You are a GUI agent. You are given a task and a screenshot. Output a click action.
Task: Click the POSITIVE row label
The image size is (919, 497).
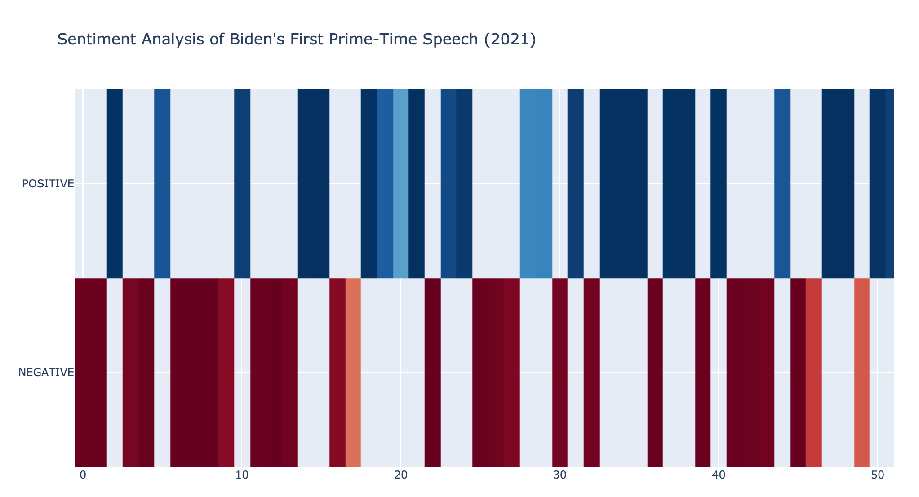point(48,184)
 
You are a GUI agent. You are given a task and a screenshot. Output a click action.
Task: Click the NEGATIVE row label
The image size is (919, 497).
point(46,373)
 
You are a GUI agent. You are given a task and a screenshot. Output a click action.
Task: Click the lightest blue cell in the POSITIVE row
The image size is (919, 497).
point(401,184)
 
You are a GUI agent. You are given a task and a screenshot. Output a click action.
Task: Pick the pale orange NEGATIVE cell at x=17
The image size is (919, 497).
point(353,373)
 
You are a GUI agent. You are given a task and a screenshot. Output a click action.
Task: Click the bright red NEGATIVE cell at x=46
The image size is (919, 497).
point(814,373)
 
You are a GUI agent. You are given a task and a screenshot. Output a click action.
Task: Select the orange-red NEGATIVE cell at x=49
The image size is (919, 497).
point(862,373)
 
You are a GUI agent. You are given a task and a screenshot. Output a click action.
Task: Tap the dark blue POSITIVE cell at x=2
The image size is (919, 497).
point(115,184)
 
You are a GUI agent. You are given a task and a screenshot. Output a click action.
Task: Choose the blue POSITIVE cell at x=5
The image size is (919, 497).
point(162,184)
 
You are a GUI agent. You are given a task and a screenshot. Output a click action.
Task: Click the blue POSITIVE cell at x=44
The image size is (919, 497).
point(782,184)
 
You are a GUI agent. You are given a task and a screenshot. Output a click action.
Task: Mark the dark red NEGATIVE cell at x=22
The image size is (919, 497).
point(433,373)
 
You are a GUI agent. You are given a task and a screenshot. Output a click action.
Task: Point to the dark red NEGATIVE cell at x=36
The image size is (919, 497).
point(655,373)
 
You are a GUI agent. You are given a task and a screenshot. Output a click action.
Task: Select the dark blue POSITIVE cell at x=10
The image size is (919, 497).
point(242,184)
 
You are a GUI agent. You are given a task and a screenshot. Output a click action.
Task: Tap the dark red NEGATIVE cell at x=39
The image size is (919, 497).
point(703,373)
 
